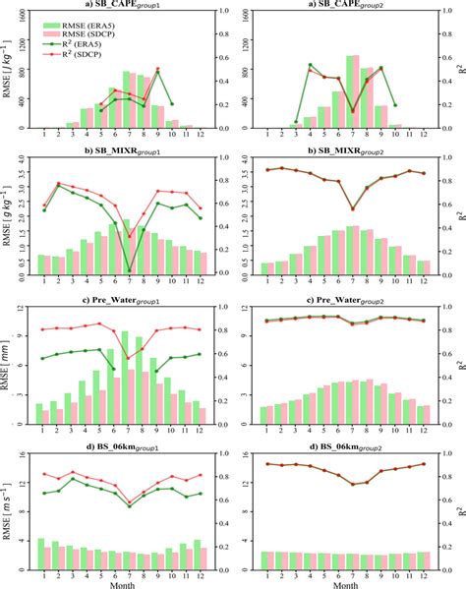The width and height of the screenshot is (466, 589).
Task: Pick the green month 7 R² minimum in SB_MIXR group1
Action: (129, 270)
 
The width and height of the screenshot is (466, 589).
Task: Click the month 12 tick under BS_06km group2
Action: (424, 571)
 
